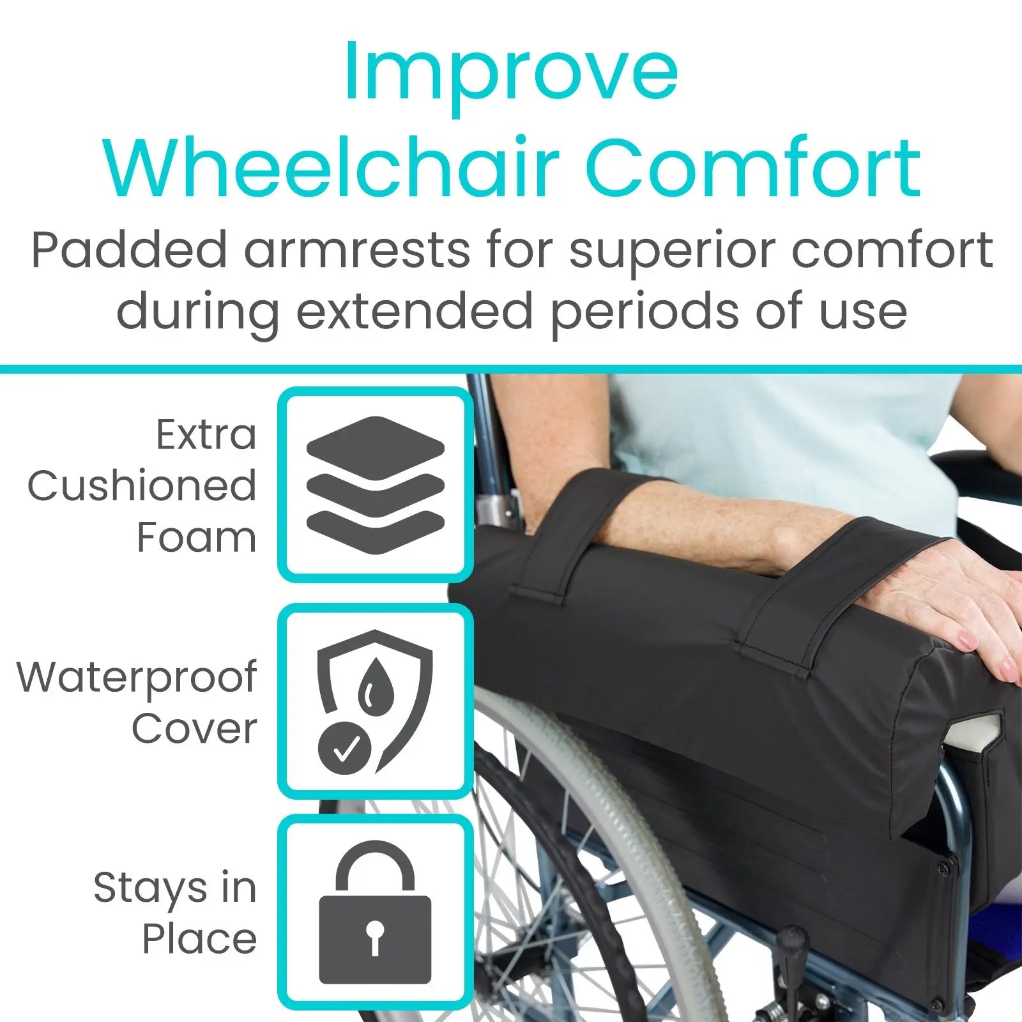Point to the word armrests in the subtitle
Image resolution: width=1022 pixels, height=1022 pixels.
pos(357,250)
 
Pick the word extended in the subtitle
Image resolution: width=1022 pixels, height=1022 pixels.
pos(414,311)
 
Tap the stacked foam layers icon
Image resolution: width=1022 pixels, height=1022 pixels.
pos(375,485)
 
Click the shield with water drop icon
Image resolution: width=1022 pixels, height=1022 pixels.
pos(375,701)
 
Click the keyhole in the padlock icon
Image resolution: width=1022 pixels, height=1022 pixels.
pos(375,937)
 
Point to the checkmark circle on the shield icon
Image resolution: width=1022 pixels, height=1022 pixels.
pos(344,749)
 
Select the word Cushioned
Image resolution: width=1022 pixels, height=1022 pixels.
pos(142,485)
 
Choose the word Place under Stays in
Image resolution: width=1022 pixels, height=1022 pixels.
pos(199,939)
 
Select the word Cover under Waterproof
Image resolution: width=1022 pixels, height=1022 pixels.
pos(194,728)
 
